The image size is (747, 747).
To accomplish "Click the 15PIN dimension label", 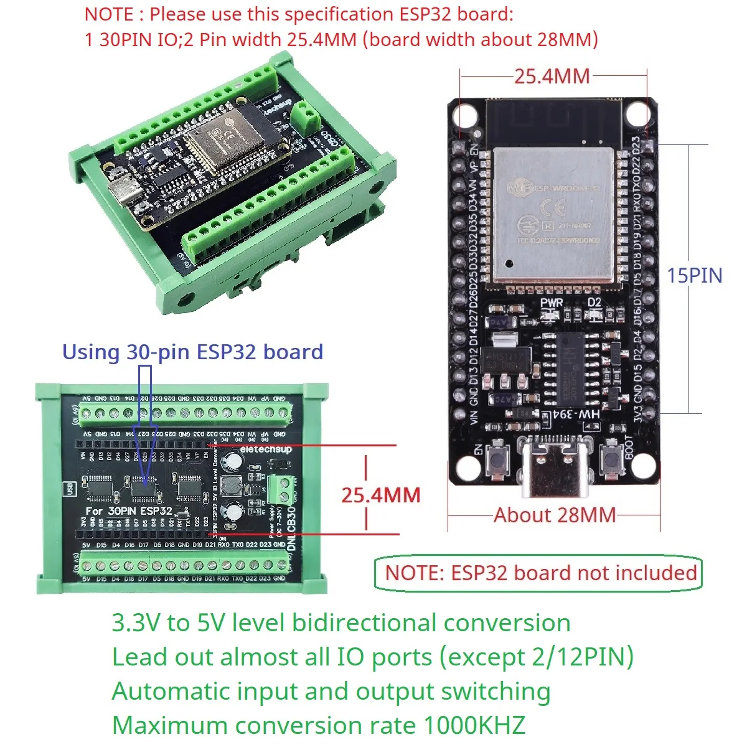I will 694,275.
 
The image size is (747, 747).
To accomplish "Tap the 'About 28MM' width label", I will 554,515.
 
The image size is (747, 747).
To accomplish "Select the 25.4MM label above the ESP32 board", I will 552,76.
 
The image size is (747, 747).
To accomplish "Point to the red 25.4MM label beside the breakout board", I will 380,495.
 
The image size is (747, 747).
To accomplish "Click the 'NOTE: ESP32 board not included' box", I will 539,573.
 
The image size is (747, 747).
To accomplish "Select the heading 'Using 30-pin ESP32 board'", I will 192,352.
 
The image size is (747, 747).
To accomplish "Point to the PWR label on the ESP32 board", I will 551,303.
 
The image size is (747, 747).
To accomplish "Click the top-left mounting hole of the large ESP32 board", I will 465,116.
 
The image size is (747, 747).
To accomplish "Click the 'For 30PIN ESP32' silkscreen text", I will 129,510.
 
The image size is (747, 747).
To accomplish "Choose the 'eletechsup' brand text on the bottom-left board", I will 266,449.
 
